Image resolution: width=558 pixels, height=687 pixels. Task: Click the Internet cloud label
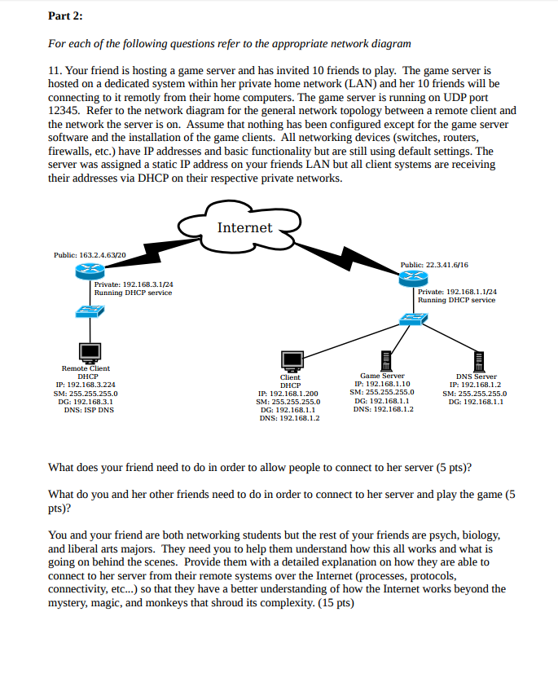click(x=244, y=227)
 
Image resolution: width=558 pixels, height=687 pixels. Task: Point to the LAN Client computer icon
click(x=291, y=359)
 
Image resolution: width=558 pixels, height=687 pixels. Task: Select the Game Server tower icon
click(x=382, y=359)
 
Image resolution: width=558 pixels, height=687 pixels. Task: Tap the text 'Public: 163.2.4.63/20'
click(x=90, y=255)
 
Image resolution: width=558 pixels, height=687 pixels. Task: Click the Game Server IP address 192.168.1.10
click(x=382, y=384)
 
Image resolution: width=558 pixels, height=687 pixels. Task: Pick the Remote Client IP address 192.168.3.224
click(x=86, y=385)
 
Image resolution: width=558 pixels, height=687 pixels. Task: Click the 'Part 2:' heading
click(x=66, y=16)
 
